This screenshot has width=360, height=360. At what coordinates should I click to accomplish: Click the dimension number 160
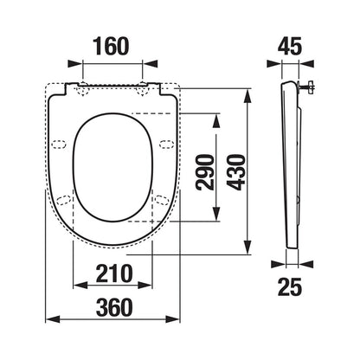[x=112, y=47]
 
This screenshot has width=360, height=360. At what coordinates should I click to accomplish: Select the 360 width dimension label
[x=114, y=307]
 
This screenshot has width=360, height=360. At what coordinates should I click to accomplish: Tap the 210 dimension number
[x=114, y=273]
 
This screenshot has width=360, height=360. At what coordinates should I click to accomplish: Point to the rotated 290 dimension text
[x=205, y=172]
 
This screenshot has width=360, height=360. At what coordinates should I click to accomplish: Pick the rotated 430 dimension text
[x=236, y=172]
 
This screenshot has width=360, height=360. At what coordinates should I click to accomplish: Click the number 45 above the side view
[x=290, y=47]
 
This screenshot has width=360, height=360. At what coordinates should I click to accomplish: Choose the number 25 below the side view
[x=290, y=286]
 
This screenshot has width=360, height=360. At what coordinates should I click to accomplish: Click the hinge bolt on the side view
[x=307, y=87]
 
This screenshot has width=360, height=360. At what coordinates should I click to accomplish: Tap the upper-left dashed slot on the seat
[x=59, y=145]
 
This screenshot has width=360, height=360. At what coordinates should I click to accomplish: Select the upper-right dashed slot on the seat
[x=167, y=145]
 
